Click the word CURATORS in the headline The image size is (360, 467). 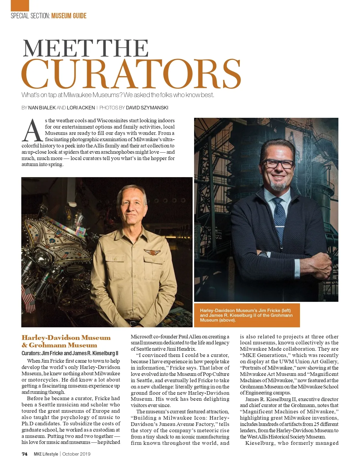(131, 74)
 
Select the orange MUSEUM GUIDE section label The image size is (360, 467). (69, 16)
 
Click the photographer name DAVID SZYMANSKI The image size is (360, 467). (147, 108)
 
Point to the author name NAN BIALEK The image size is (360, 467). (42, 108)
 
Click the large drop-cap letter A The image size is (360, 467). (32, 131)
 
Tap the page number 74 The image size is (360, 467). (25, 454)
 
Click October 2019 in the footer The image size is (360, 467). (76, 454)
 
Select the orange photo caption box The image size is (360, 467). (247, 315)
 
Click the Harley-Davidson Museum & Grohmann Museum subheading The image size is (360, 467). (66, 341)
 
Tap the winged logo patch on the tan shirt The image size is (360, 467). (152, 252)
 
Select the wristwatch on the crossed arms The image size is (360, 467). (264, 254)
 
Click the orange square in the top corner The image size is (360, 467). (20, 5)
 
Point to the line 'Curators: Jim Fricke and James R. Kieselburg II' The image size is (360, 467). (70, 353)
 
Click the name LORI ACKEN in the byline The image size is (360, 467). (81, 108)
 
